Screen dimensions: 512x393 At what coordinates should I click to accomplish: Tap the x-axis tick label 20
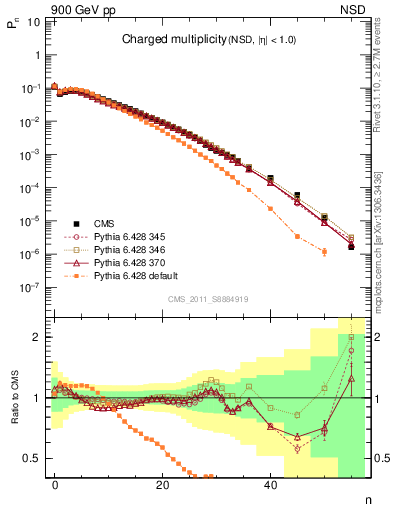162,484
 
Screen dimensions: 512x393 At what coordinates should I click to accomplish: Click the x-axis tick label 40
270,484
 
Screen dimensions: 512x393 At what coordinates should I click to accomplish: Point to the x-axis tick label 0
55,484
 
